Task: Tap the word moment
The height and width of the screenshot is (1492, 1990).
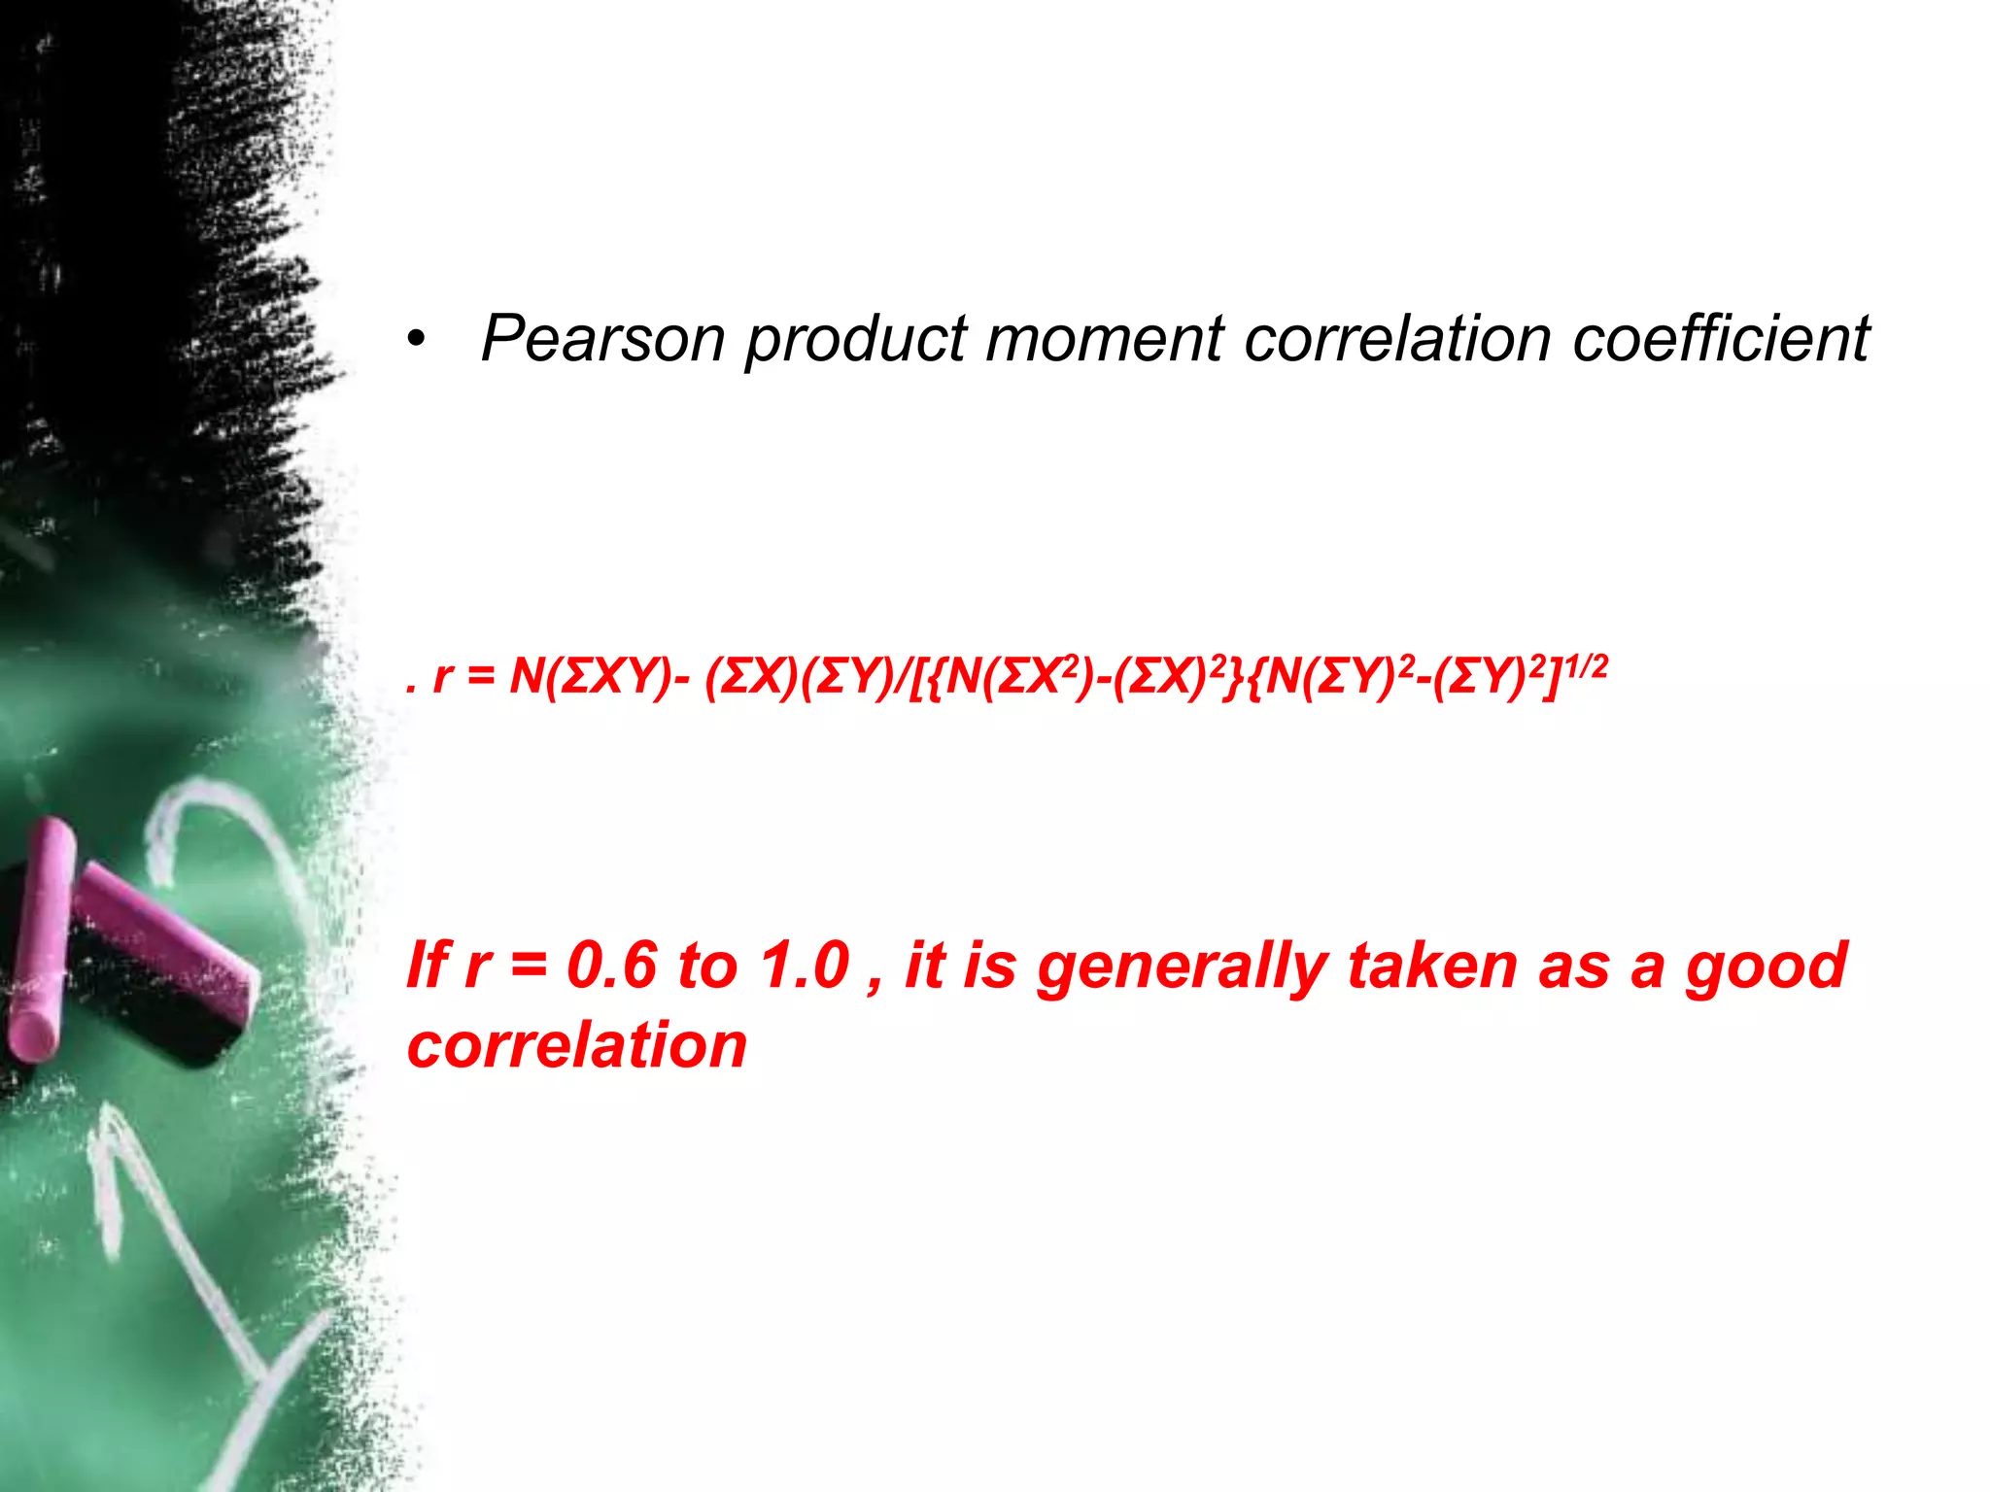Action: [x=1104, y=339]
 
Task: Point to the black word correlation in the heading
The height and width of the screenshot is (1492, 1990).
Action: [x=1397, y=339]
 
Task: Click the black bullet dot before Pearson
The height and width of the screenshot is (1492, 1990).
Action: [x=416, y=340]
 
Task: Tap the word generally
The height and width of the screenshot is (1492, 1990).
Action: [x=1182, y=967]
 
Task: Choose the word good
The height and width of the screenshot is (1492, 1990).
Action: [x=1766, y=967]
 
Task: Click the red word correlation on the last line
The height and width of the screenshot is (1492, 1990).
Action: [x=577, y=1045]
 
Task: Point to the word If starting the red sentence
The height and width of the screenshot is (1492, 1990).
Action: [x=428, y=966]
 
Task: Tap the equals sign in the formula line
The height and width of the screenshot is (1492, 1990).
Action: [x=481, y=676]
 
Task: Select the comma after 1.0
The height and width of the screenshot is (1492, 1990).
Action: [x=875, y=983]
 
